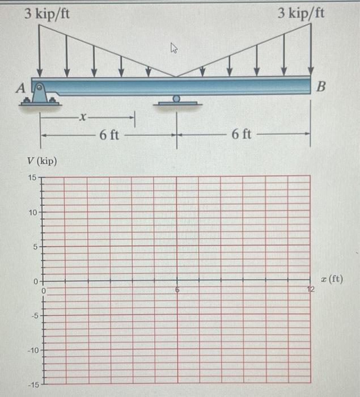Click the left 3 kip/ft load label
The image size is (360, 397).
click(48, 13)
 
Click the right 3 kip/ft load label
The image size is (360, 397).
click(302, 13)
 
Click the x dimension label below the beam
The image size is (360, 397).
click(83, 119)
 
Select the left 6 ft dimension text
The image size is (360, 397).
click(109, 135)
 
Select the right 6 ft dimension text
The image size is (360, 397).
click(242, 135)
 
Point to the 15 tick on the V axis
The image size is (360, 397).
click(32, 178)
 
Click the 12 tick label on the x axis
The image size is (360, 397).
click(310, 290)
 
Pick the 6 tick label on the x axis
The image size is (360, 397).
click(176, 290)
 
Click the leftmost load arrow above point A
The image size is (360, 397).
click(40, 51)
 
